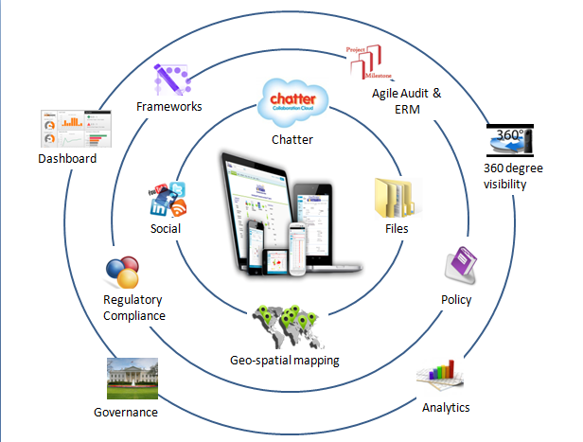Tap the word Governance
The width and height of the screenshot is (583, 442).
click(126, 412)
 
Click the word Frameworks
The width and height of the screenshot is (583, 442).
click(169, 107)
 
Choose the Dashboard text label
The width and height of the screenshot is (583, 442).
click(67, 159)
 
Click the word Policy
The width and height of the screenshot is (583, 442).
click(456, 300)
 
